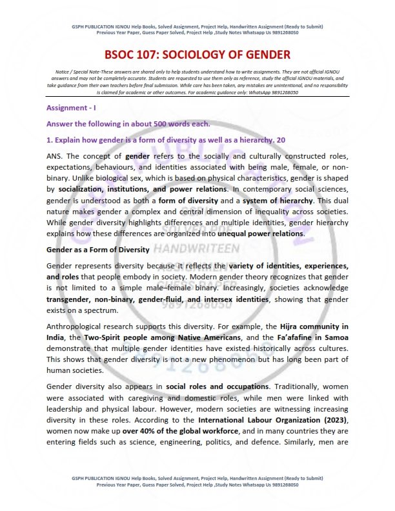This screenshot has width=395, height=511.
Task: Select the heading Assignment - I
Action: [x=71, y=108]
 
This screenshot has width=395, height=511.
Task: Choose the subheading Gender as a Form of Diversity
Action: [x=98, y=249]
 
